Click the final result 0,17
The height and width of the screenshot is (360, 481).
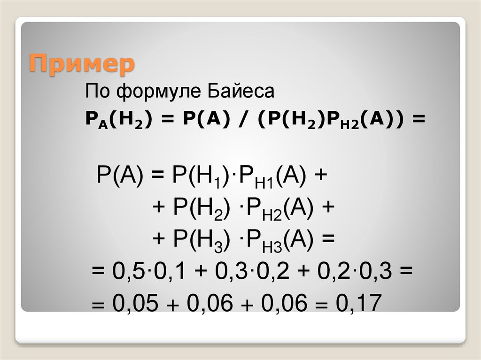pos(357,304)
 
